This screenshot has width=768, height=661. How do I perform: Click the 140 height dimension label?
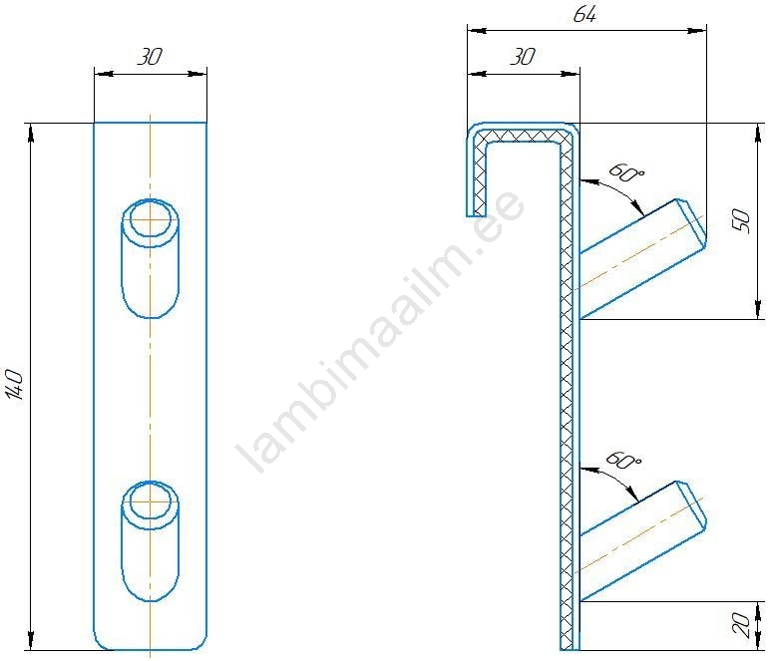16,385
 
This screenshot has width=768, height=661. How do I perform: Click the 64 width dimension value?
584,15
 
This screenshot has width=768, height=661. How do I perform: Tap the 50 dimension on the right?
742,220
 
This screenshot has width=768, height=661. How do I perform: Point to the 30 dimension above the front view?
150,57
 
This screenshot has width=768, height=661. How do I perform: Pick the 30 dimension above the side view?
523,57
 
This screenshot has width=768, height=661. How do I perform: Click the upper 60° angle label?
626,172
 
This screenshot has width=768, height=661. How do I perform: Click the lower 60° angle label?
623,461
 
